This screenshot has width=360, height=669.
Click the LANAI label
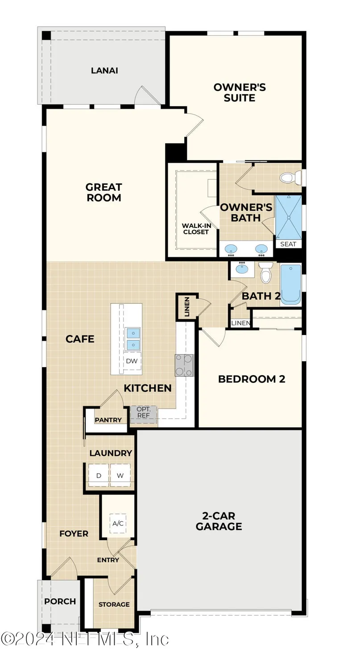click(x=104, y=70)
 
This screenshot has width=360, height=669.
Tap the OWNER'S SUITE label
click(x=240, y=92)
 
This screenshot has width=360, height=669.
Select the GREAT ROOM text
click(x=104, y=193)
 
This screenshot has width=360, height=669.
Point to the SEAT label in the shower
click(x=288, y=244)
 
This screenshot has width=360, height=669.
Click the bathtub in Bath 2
click(x=290, y=284)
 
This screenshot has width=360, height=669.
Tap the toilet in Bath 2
click(x=265, y=273)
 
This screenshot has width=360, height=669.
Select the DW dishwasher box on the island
click(x=132, y=361)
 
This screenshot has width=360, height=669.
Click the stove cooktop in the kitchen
click(x=184, y=365)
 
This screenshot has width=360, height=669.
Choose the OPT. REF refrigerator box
click(x=143, y=412)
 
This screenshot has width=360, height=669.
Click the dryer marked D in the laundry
click(x=99, y=475)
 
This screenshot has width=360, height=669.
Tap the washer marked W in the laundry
click(x=120, y=475)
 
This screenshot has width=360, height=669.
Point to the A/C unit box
click(x=118, y=523)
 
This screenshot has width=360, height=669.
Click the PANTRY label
click(x=108, y=420)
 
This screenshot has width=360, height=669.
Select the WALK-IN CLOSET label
click(x=196, y=229)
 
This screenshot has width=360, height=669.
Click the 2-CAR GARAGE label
click(x=219, y=521)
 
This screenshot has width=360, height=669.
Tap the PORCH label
click(x=60, y=601)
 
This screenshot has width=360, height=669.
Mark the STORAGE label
click(x=114, y=604)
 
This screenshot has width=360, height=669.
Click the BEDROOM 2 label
click(x=252, y=379)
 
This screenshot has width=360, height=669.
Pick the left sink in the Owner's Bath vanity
click(x=231, y=248)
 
